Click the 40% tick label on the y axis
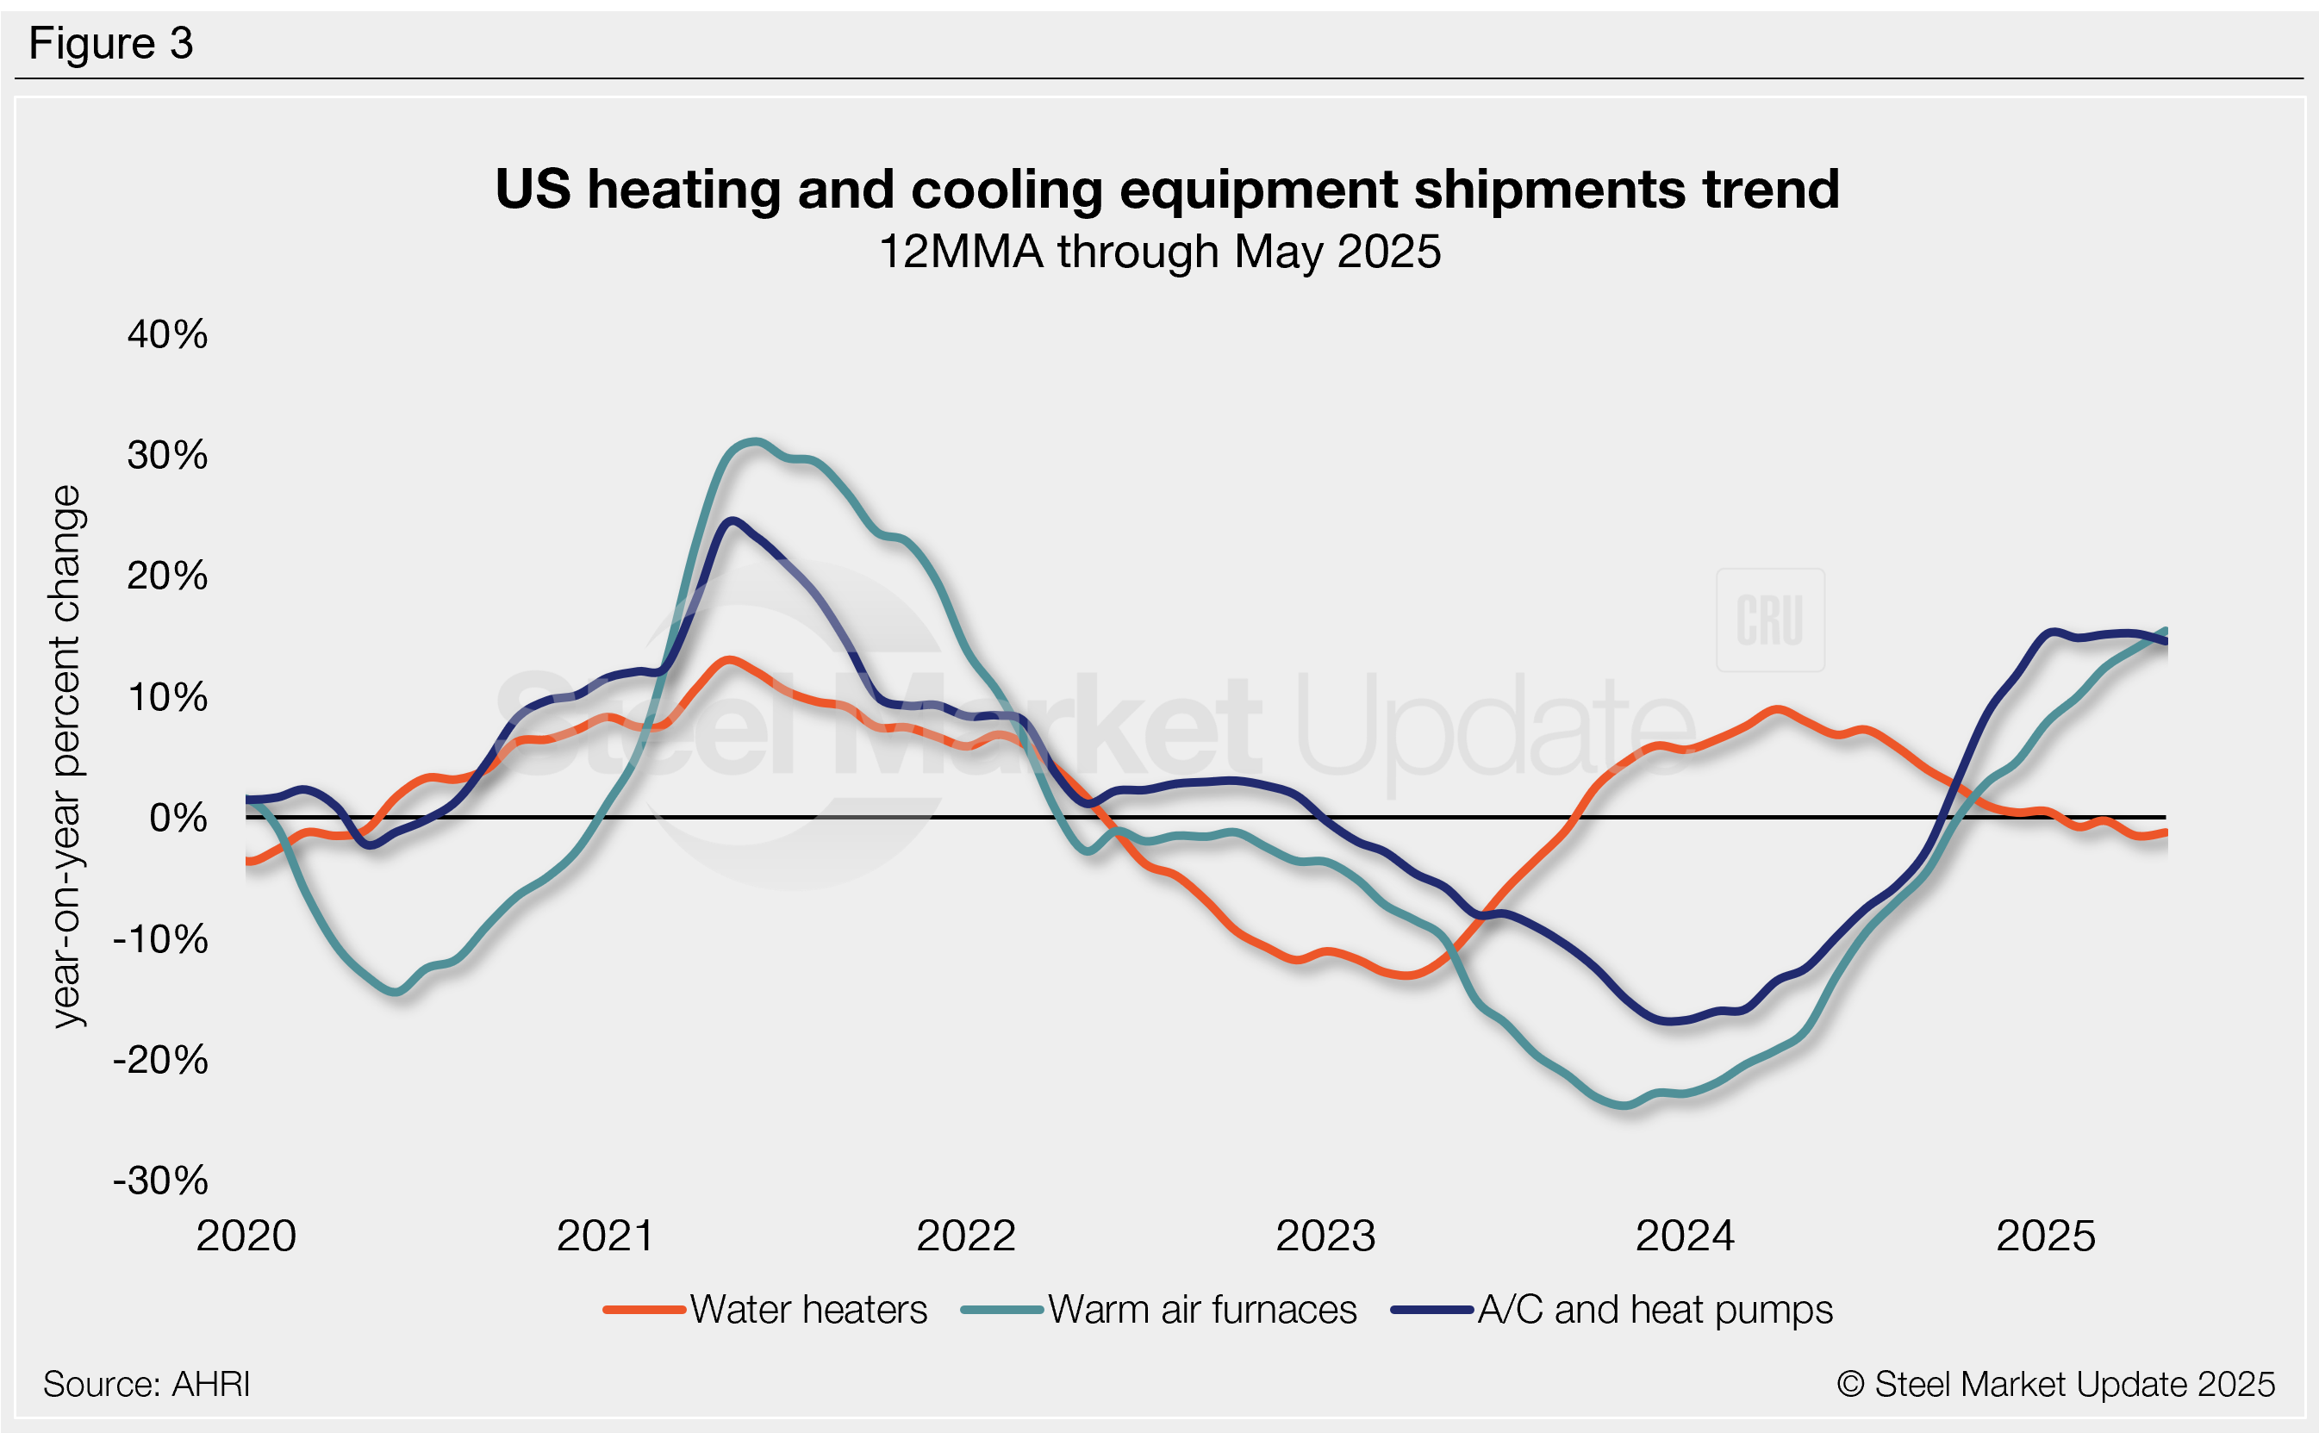[167, 334]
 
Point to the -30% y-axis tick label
[160, 1181]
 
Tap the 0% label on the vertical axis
[178, 818]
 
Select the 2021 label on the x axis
[606, 1236]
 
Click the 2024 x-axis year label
[1685, 1236]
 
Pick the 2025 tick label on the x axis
[2045, 1236]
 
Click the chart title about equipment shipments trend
[1167, 189]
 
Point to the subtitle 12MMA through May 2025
[1160, 252]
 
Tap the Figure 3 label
[111, 44]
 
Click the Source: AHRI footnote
[146, 1385]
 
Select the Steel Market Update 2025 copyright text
[2055, 1385]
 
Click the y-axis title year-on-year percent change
[66, 757]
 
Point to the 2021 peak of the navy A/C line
[731, 520]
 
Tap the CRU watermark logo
[1769, 620]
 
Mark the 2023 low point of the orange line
[1409, 975]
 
